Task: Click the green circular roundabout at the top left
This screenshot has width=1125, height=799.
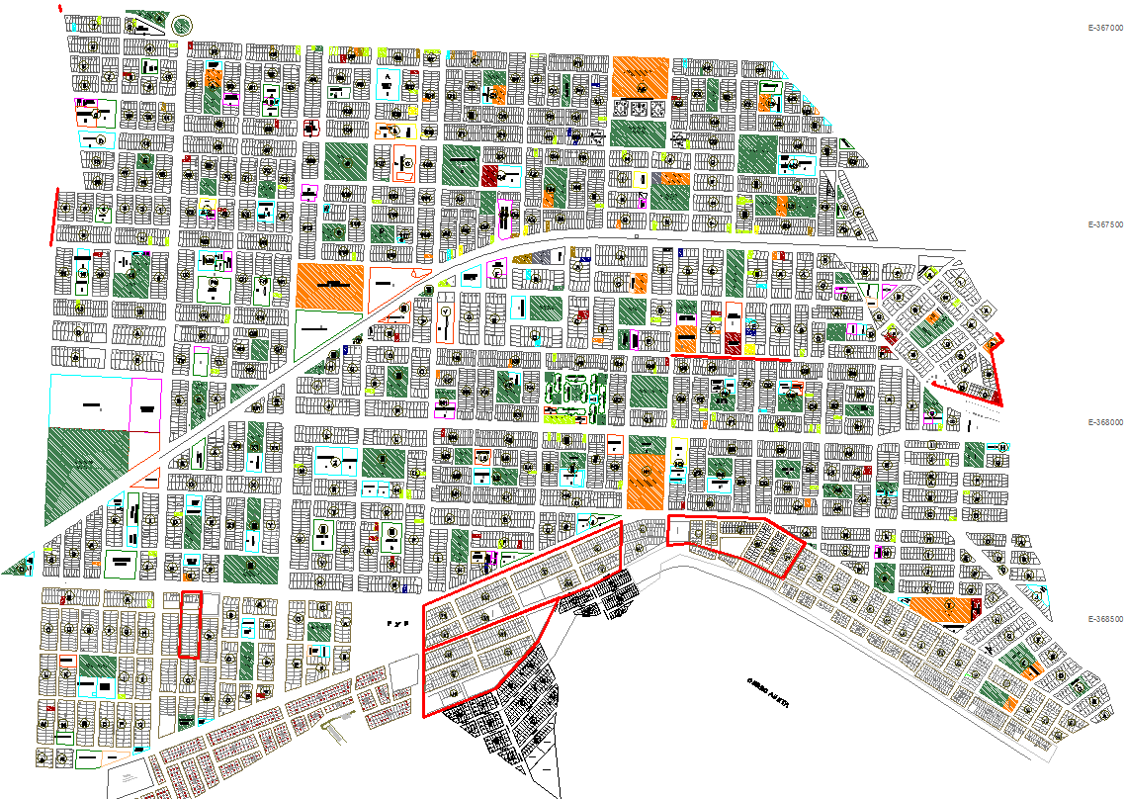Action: (x=183, y=27)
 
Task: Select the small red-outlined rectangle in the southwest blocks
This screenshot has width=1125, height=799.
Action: (x=189, y=625)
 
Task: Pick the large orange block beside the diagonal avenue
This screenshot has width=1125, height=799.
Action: (x=329, y=286)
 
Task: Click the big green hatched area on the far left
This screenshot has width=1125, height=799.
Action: (x=87, y=475)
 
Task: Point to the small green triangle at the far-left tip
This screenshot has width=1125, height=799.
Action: (x=19, y=566)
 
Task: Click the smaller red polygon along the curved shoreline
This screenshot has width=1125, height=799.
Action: (x=736, y=542)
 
